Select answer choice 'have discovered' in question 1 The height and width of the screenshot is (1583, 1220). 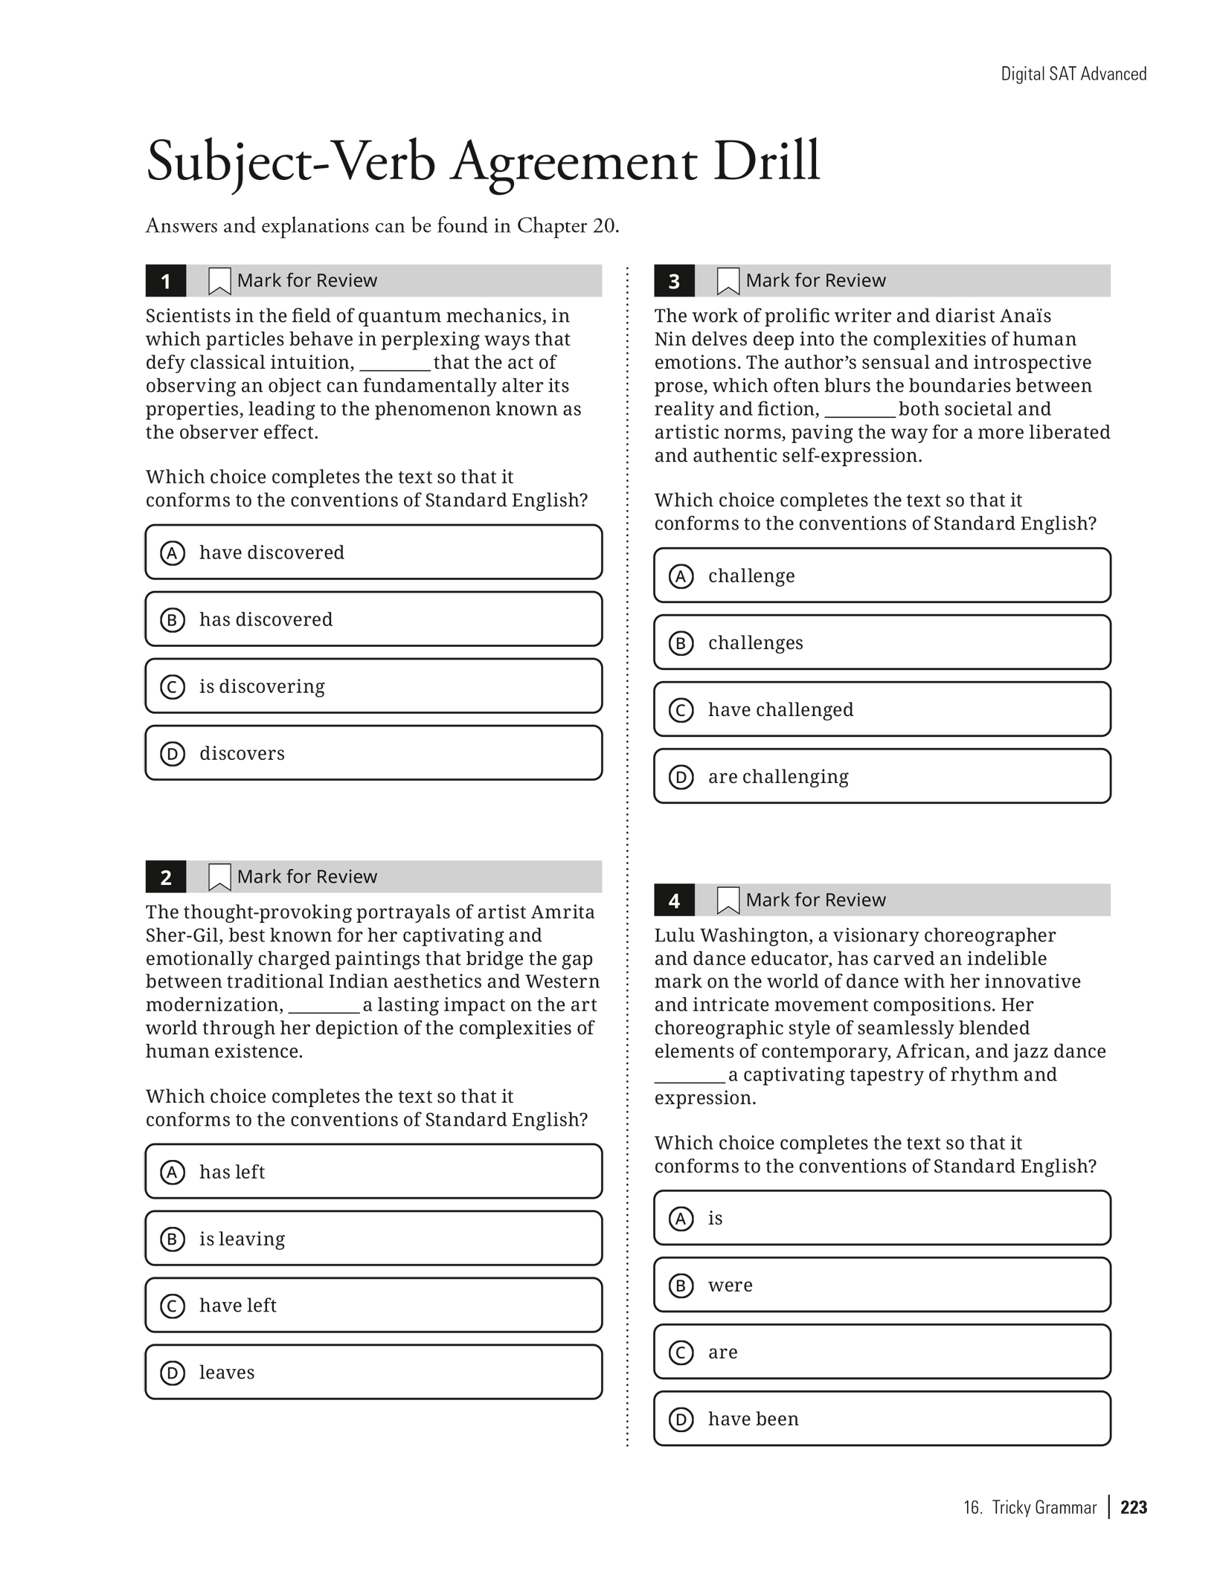tap(373, 552)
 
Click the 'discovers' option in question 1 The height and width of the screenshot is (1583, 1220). tap(373, 753)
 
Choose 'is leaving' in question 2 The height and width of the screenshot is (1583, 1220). tap(373, 1239)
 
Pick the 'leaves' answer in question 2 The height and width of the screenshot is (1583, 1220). tap(373, 1373)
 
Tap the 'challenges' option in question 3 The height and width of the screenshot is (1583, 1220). tap(882, 642)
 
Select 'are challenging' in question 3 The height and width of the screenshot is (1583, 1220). tap(882, 776)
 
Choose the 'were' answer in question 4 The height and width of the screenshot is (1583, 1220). tap(882, 1285)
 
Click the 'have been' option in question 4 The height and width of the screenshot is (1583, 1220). tap(882, 1419)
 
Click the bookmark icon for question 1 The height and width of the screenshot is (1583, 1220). tap(219, 281)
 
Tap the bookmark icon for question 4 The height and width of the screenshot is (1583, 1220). tap(728, 900)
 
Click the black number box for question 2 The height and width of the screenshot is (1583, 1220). tap(166, 877)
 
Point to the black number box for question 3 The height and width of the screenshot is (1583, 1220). tap(674, 281)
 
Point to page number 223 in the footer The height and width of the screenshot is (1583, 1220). tap(1134, 1507)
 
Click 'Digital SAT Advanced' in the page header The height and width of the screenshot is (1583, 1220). tap(1073, 74)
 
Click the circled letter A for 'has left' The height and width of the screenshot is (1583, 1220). tap(173, 1173)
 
